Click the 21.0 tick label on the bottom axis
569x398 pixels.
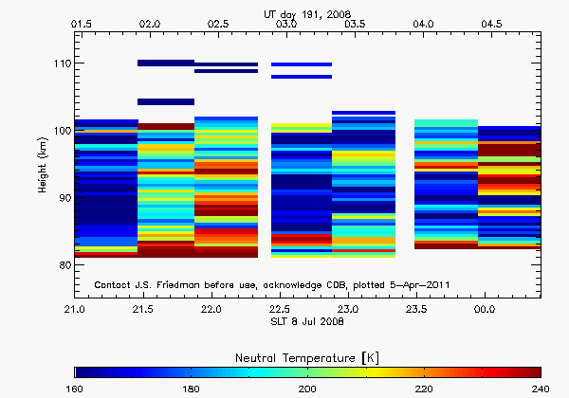tap(75, 310)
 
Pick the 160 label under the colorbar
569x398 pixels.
tap(76, 389)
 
